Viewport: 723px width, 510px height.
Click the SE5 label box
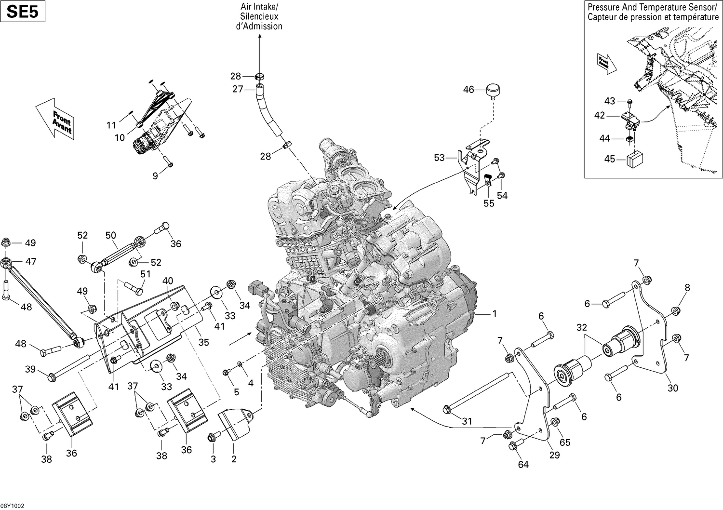pos(23,12)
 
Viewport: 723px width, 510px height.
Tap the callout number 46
pos(469,90)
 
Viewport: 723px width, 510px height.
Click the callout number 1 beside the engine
pos(494,314)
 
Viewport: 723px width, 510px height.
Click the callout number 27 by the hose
pos(238,89)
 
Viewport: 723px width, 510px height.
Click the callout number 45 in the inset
pos(610,159)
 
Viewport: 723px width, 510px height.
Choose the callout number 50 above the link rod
pos(111,235)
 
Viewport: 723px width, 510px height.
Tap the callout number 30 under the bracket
pos(672,388)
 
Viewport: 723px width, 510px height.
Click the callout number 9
pos(155,176)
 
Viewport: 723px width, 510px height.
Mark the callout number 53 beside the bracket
pos(439,158)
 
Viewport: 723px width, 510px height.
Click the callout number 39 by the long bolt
pos(30,369)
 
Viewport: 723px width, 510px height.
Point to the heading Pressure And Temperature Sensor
pos(653,7)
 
